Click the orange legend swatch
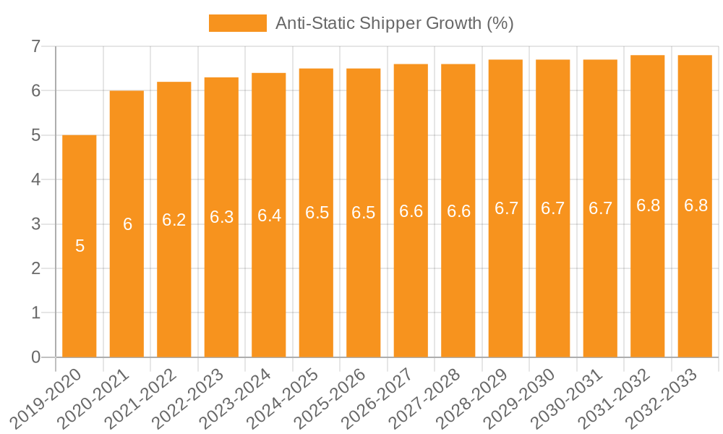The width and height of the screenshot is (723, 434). pyautogui.click(x=237, y=23)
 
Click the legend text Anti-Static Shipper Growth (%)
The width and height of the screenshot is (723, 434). pyautogui.click(x=394, y=23)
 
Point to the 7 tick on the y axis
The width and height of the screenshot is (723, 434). pyautogui.click(x=35, y=47)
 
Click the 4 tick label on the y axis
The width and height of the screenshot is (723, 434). pyautogui.click(x=35, y=180)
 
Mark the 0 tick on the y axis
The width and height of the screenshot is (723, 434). pyautogui.click(x=35, y=357)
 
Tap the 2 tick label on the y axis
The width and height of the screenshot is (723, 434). pyautogui.click(x=35, y=269)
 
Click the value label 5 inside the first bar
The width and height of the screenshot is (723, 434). pyautogui.click(x=80, y=246)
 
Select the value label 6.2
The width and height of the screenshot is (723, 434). pyautogui.click(x=174, y=220)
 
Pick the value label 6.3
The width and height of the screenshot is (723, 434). pyautogui.click(x=221, y=217)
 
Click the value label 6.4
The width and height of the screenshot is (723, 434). pyautogui.click(x=269, y=215)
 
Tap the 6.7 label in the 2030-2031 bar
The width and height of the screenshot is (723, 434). pyautogui.click(x=600, y=208)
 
